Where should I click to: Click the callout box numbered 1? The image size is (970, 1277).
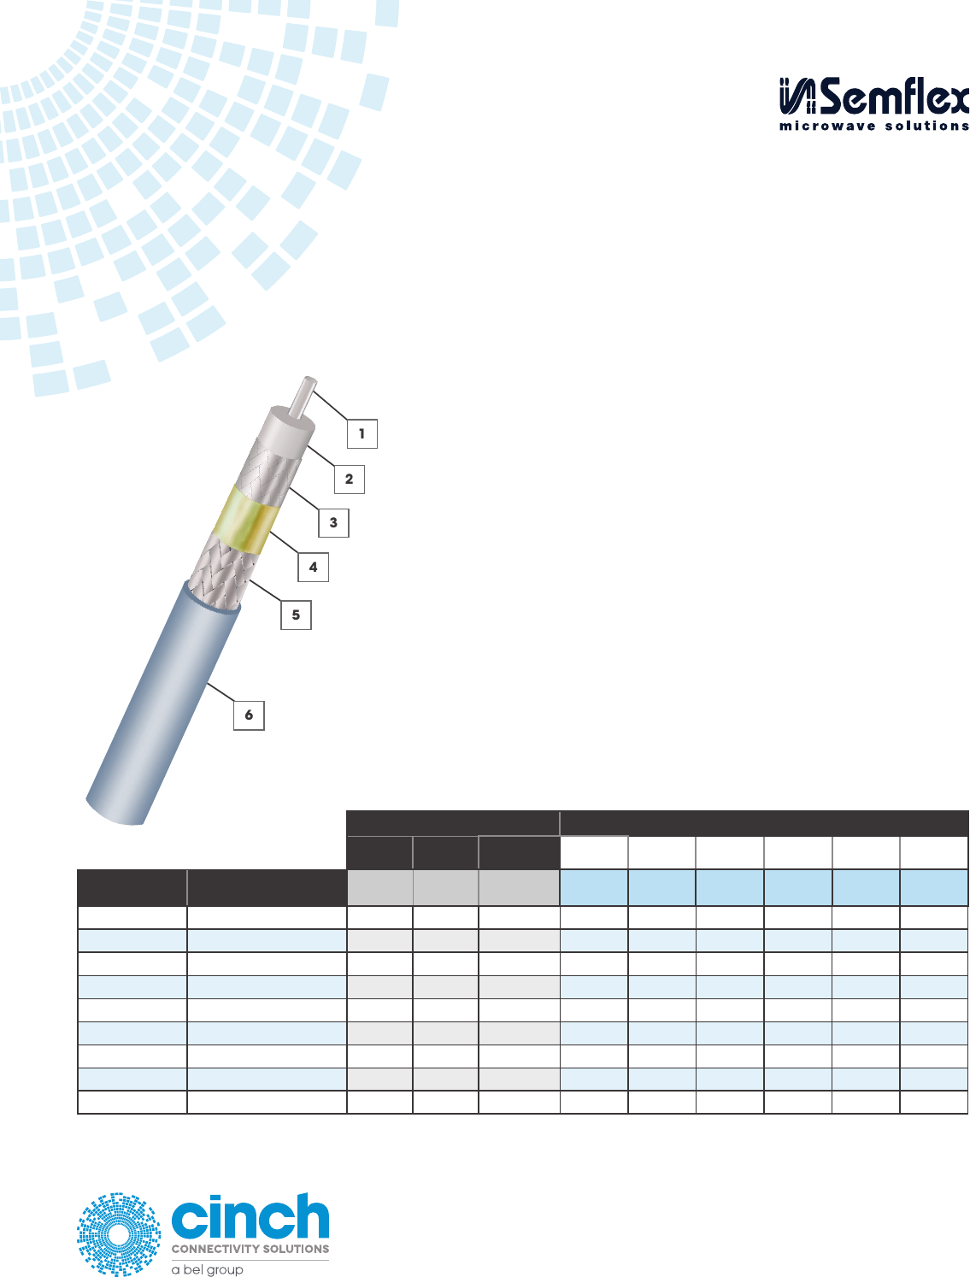(x=362, y=433)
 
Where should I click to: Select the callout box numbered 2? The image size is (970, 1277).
(x=349, y=479)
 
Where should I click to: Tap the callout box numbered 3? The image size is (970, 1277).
(x=333, y=522)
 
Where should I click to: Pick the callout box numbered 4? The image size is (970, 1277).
(x=313, y=567)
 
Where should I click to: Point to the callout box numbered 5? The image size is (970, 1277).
(x=296, y=615)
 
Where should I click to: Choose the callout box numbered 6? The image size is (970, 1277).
(x=249, y=715)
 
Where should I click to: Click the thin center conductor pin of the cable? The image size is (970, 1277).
(x=303, y=396)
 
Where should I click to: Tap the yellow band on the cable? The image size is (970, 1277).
(x=247, y=520)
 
